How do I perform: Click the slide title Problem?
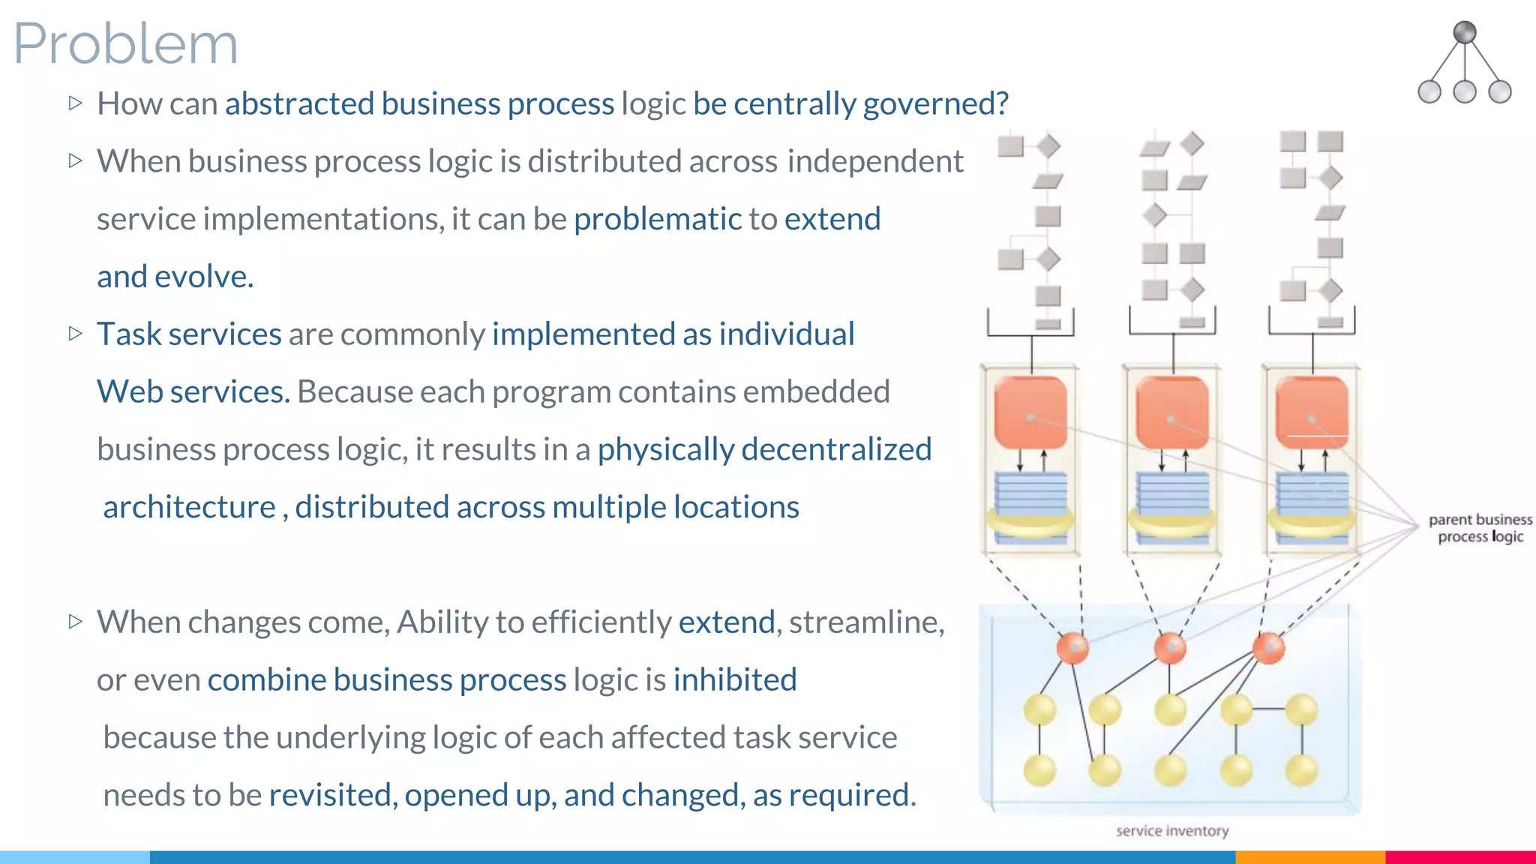tap(126, 43)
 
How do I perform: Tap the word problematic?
tap(657, 219)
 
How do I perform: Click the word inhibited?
tap(734, 679)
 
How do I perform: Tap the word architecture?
tap(189, 507)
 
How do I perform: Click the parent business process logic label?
tap(1480, 528)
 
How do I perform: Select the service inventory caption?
tap(1171, 831)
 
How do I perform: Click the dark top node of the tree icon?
tap(1464, 32)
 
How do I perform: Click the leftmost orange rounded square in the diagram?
tap(1030, 412)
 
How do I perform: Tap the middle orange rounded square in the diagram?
tap(1171, 412)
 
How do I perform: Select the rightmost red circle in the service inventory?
tap(1269, 648)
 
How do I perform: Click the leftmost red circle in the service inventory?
tap(1072, 648)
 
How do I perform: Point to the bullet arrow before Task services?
tap(75, 333)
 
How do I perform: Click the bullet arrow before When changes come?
tap(75, 621)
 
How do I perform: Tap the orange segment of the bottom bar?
tap(1309, 857)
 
